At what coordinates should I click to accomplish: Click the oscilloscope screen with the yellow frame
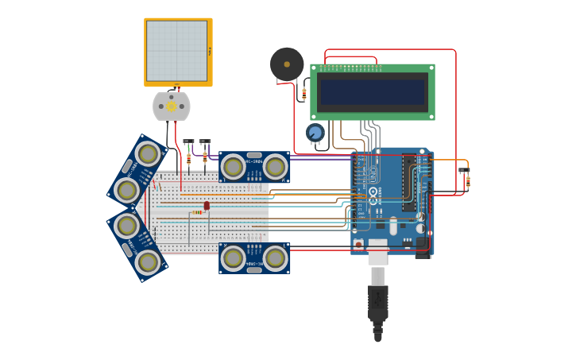pos(176,51)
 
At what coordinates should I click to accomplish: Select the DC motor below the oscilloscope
pos(172,106)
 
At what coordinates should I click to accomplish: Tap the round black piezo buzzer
pos(287,64)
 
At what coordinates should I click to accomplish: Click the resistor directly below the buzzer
pos(303,94)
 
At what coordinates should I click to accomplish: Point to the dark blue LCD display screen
pos(373,92)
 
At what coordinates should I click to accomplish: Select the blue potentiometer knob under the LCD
pos(315,133)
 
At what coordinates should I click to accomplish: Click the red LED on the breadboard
pos(207,206)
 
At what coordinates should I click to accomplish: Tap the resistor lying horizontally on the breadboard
pos(197,212)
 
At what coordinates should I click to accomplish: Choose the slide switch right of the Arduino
pos(464,170)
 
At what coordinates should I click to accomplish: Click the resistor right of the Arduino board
pos(468,182)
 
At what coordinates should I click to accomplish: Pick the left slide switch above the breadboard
pos(188,142)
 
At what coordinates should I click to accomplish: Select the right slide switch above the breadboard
pos(205,142)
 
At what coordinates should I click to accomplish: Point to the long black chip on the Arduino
pos(409,183)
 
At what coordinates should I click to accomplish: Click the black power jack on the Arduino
pos(423,246)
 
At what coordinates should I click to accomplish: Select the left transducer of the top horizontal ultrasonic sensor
pos(233,167)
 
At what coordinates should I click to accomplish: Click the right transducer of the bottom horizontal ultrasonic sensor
pos(276,258)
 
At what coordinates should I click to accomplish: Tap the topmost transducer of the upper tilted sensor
pos(147,153)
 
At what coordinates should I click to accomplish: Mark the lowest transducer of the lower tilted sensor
pos(148,261)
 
